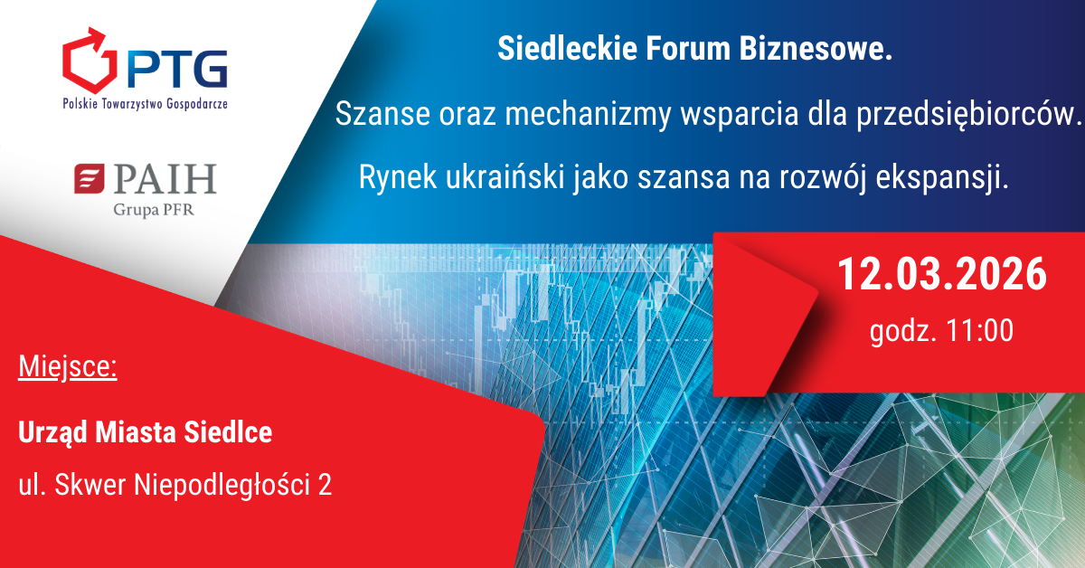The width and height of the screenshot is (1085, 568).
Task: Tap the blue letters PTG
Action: tap(177, 70)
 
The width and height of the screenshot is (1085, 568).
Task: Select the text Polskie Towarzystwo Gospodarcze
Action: tap(145, 104)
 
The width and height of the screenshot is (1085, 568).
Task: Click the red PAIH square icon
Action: tap(90, 178)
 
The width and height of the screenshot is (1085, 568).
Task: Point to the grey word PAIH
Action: tap(165, 179)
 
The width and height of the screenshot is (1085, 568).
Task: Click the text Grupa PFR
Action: tap(153, 210)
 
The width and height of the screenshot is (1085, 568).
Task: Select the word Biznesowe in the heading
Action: tap(816, 49)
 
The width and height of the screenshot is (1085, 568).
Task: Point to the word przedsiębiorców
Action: tap(968, 116)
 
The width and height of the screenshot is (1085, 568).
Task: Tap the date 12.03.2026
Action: tap(942, 274)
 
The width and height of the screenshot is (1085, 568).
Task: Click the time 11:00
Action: tap(979, 330)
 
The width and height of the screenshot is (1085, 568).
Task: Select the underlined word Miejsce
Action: tap(68, 367)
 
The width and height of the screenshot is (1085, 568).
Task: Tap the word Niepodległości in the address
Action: tap(222, 485)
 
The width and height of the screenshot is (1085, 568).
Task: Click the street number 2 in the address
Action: tap(325, 485)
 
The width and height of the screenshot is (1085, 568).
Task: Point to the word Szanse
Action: tap(382, 114)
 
